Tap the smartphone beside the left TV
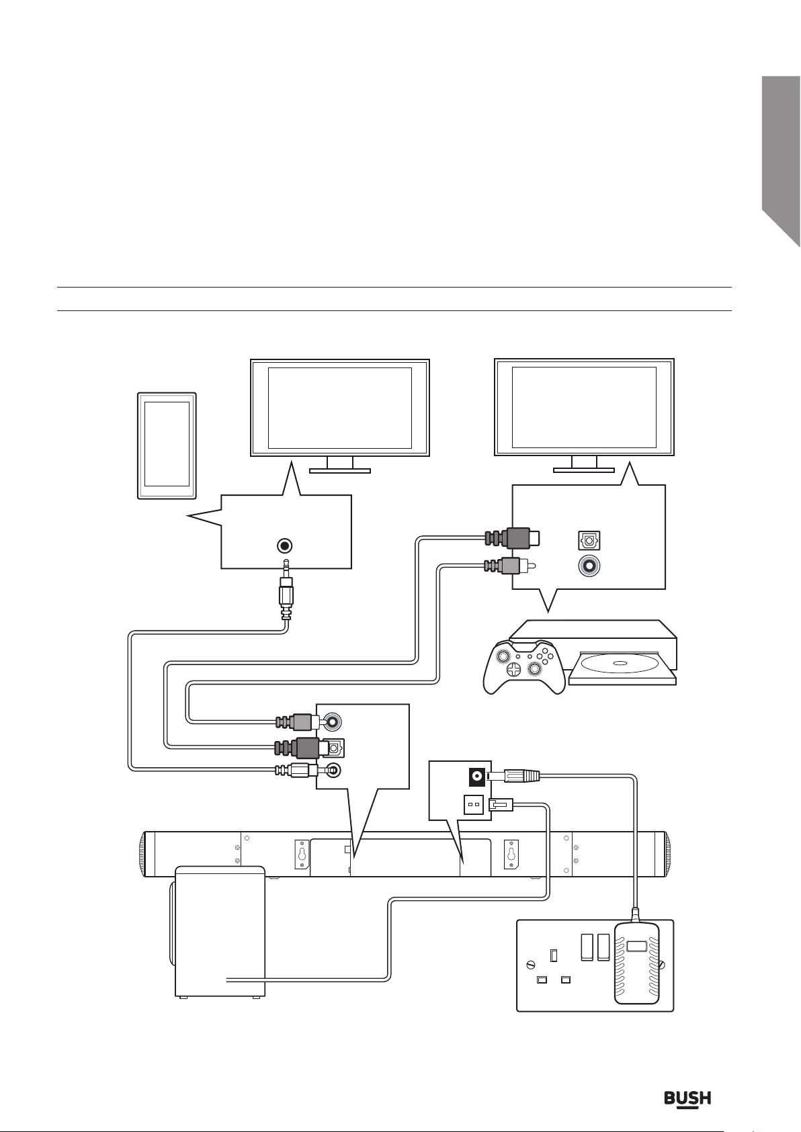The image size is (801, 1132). (x=167, y=445)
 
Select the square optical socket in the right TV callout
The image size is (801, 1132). (x=589, y=539)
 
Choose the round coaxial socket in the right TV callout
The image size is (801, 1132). (x=589, y=566)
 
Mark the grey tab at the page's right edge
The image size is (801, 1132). (x=780, y=155)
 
